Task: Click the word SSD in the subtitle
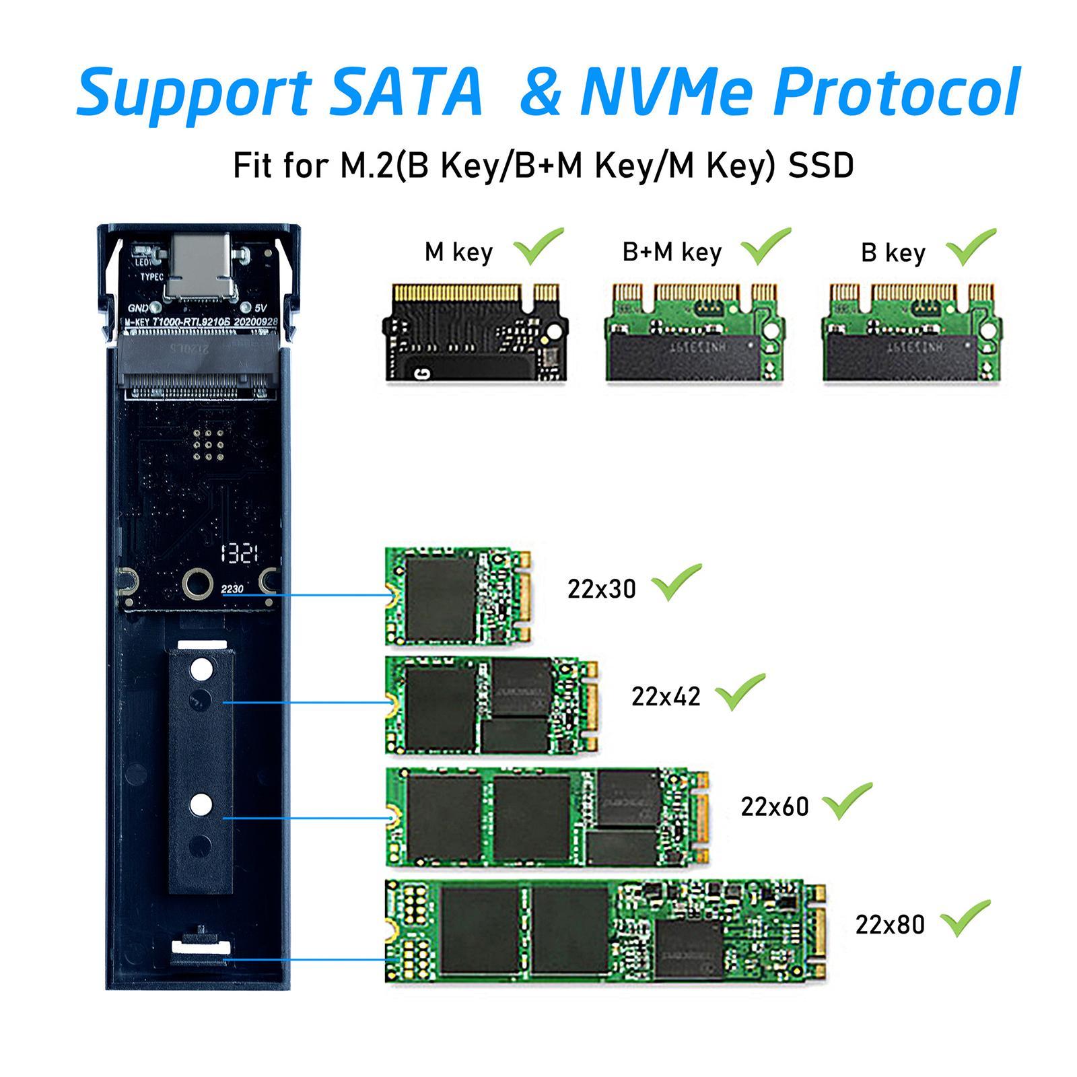(x=821, y=166)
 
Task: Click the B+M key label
(x=672, y=252)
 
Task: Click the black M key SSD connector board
(x=476, y=332)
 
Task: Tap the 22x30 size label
(x=601, y=589)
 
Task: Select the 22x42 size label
(x=665, y=696)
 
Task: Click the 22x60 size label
(x=774, y=806)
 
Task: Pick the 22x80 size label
(x=890, y=925)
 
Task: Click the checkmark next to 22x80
(x=965, y=919)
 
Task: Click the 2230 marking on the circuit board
(x=232, y=589)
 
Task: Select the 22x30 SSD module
(x=458, y=596)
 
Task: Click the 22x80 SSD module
(x=604, y=931)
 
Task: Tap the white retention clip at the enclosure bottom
(x=201, y=946)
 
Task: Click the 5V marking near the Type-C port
(x=262, y=308)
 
